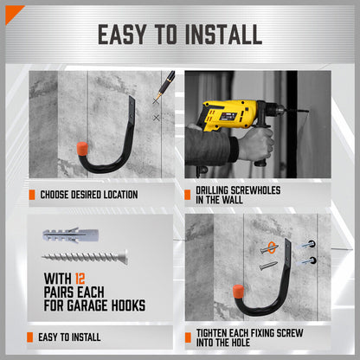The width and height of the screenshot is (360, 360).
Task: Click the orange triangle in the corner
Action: pyautogui.click(x=11, y=11)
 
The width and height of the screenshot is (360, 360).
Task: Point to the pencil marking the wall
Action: pyautogui.click(x=163, y=87)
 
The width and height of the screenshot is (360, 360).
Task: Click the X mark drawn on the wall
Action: pyautogui.click(x=157, y=116)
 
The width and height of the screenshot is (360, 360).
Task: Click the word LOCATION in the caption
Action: pyautogui.click(x=115, y=195)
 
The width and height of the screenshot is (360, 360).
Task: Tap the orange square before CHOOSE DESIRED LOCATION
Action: pyautogui.click(x=32, y=195)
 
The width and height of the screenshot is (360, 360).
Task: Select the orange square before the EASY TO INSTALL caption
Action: pyautogui.click(x=32, y=337)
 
